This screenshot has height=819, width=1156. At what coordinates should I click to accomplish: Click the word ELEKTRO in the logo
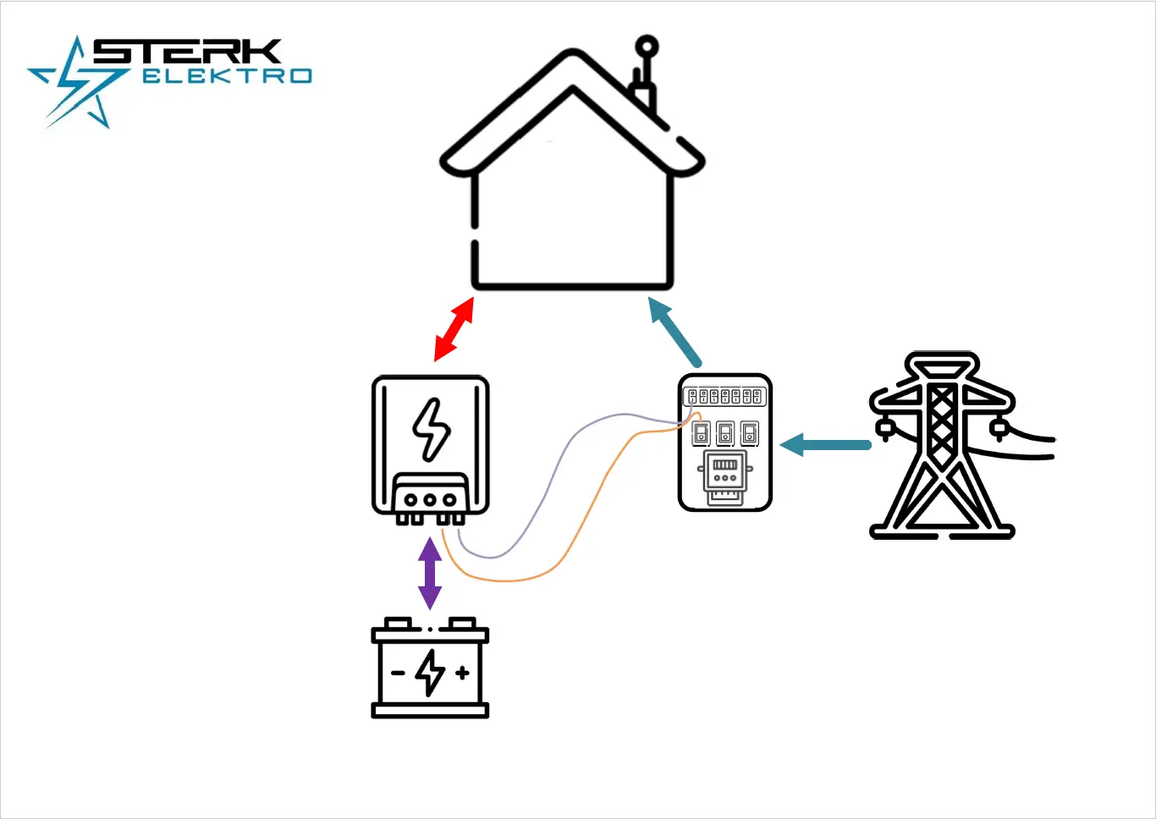coord(227,76)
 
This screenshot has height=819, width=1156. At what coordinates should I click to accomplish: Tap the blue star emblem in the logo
coord(78,85)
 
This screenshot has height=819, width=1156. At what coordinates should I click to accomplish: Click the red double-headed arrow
coord(454,329)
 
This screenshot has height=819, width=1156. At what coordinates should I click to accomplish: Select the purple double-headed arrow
coord(430,574)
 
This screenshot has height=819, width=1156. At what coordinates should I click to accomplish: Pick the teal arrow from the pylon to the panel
coord(825,444)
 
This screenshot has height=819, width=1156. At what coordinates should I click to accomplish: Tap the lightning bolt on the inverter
coord(431,429)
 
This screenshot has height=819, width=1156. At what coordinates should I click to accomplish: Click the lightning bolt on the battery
coord(431,672)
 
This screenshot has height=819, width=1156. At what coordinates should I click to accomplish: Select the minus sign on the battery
coord(398,673)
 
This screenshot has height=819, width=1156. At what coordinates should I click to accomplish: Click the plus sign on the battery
coord(462,673)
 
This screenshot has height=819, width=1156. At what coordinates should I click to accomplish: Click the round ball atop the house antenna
coord(647,47)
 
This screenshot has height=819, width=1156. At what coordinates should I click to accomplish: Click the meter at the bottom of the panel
coord(725,473)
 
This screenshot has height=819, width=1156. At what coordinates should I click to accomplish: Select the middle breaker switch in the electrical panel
coord(725,434)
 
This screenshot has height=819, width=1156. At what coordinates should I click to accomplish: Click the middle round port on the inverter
coord(430,499)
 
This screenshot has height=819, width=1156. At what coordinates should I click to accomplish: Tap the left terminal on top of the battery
coord(398,624)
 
